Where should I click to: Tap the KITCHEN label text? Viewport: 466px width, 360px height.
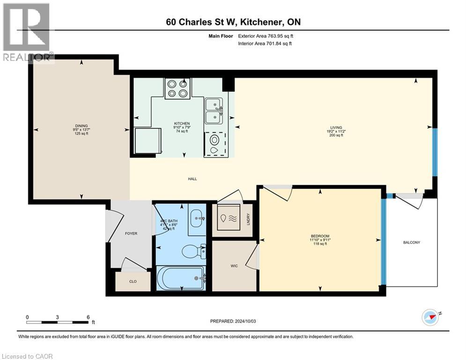pyautogui.click(x=182, y=123)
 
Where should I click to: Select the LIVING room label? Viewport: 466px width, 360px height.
pyautogui.click(x=336, y=127)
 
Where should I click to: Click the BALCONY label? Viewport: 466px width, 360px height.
pyautogui.click(x=411, y=242)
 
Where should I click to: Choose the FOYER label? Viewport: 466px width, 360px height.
pyautogui.click(x=131, y=233)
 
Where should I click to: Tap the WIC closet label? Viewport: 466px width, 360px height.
pyautogui.click(x=234, y=266)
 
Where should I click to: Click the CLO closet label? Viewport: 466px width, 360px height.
pyautogui.click(x=133, y=282)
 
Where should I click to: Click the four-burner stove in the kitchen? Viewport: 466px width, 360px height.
pyautogui.click(x=178, y=88)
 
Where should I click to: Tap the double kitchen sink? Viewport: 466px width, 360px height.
pyautogui.click(x=214, y=111)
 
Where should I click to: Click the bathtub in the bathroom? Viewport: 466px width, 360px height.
pyautogui.click(x=181, y=278)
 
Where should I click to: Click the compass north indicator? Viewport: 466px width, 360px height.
pyautogui.click(x=431, y=317)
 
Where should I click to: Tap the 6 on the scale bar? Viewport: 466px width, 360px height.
pyautogui.click(x=88, y=317)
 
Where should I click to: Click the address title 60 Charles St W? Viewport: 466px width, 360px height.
pyautogui.click(x=233, y=22)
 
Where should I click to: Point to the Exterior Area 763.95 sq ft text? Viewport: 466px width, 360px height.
pyautogui.click(x=267, y=36)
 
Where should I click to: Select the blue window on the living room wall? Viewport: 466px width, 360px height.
pyautogui.click(x=434, y=151)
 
